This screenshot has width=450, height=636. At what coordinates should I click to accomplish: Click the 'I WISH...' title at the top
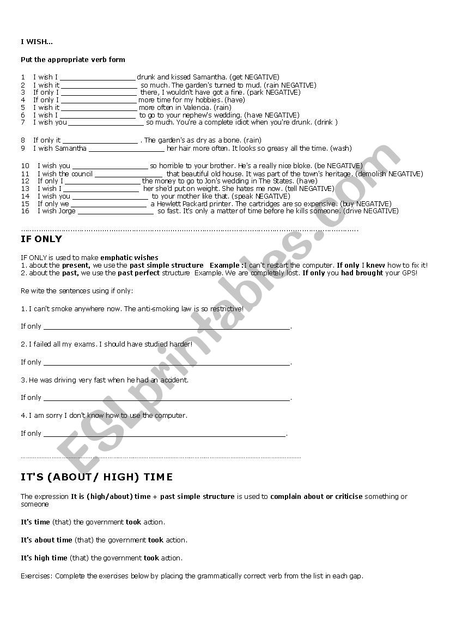coord(37,42)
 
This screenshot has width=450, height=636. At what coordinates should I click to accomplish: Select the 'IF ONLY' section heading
coord(41,239)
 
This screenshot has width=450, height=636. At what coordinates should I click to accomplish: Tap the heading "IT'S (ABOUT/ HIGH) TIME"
coord(96,477)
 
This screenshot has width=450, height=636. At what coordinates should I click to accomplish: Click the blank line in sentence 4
coord(98,101)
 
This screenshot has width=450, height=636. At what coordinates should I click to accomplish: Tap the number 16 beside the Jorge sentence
coord(25,211)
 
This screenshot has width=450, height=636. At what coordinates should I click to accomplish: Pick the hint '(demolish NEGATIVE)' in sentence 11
coord(389,174)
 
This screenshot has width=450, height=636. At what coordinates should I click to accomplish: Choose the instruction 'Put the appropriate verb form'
coord(73,60)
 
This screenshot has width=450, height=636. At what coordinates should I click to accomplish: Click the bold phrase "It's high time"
coord(44,558)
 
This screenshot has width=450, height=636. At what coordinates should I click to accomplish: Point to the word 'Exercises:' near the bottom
coord(37,576)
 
